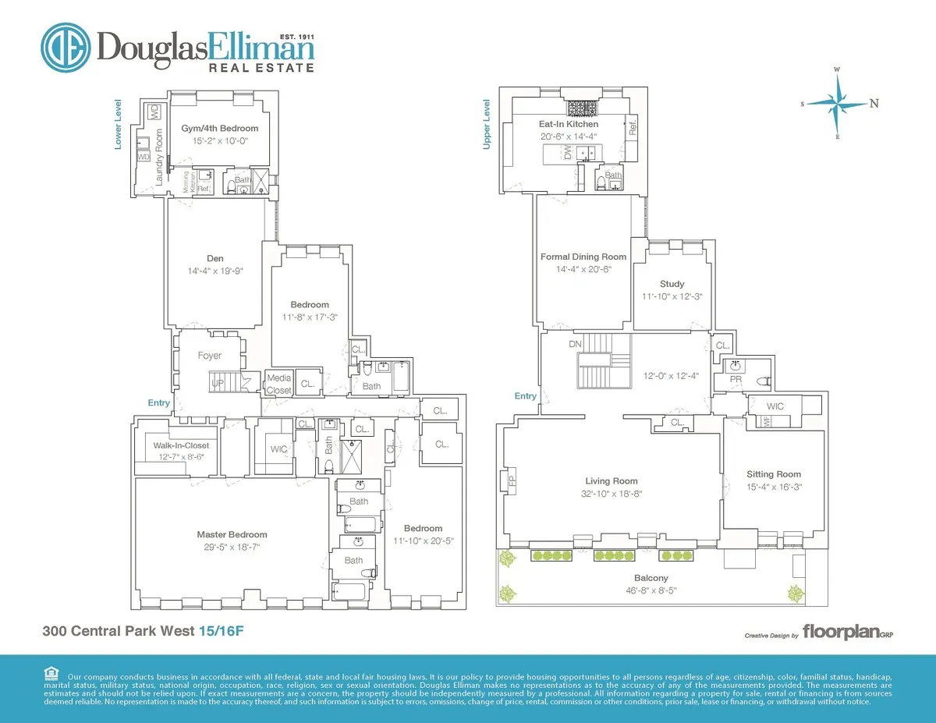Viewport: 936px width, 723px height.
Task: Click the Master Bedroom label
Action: [232, 534]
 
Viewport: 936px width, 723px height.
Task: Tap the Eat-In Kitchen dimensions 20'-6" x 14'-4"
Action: [569, 136]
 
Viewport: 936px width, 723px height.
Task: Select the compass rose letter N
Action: [874, 103]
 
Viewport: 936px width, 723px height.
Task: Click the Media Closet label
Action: [278, 384]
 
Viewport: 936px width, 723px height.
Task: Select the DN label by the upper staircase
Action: [575, 344]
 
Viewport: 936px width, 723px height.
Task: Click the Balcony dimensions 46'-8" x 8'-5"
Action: [650, 590]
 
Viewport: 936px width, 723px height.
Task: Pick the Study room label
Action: [672, 284]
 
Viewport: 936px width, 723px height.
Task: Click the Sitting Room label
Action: [774, 474]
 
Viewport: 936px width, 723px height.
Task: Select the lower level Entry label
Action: [158, 402]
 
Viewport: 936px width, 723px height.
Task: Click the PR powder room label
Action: [735, 379]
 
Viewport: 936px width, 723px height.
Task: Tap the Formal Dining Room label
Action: [583, 257]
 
